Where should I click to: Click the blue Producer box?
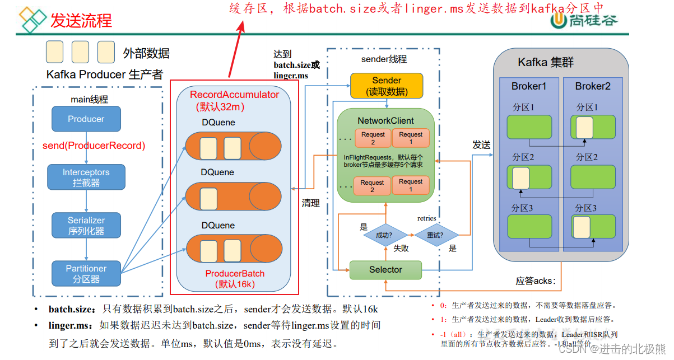click(86, 119)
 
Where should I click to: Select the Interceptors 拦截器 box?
click(86, 177)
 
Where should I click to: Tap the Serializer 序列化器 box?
click(86, 225)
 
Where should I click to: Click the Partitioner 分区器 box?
click(86, 273)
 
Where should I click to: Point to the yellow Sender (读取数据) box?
click(386, 86)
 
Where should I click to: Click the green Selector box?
click(385, 270)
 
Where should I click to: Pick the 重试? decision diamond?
click(436, 236)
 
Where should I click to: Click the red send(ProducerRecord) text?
click(94, 146)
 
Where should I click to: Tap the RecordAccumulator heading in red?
click(234, 95)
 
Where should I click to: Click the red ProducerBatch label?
click(235, 274)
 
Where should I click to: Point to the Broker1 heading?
click(528, 86)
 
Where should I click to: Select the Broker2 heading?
click(592, 86)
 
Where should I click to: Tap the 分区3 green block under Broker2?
click(592, 227)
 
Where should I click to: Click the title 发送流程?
click(81, 21)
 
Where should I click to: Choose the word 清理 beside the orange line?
click(310, 203)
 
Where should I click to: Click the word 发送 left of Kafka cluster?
click(481, 145)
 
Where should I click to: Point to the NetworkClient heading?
click(385, 120)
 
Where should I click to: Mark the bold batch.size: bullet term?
click(73, 310)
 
